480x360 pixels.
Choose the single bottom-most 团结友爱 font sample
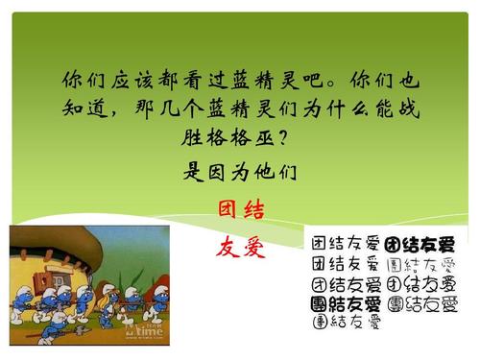[346, 323]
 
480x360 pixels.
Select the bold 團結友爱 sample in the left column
[346, 303]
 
